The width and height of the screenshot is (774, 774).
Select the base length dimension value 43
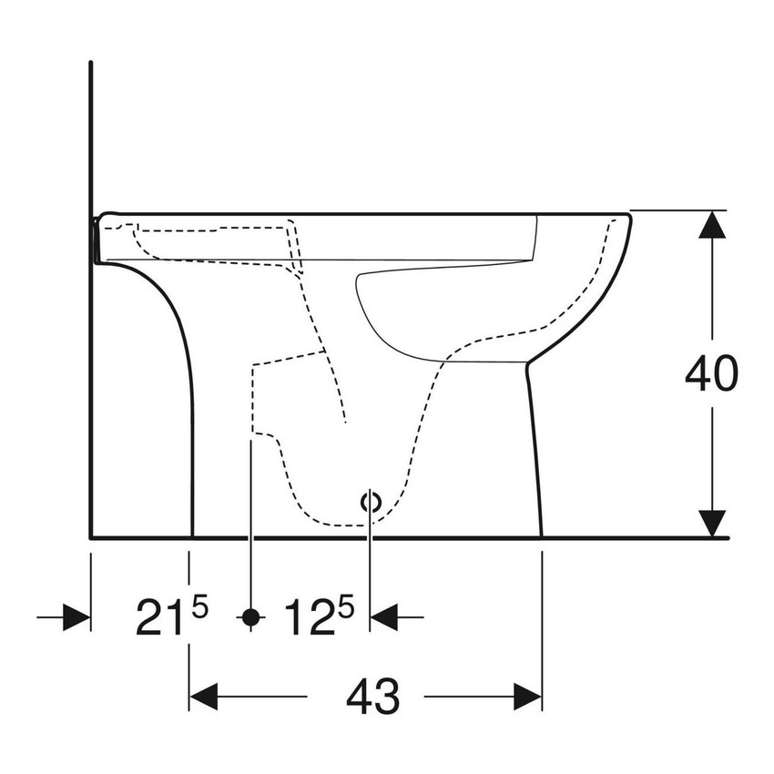point(372,698)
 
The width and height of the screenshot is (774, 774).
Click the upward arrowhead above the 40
point(712,225)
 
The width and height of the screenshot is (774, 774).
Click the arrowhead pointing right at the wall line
point(76,617)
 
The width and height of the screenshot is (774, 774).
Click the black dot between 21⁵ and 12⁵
point(250,617)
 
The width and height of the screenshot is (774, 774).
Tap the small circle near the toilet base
point(370,500)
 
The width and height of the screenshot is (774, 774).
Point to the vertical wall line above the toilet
point(91,137)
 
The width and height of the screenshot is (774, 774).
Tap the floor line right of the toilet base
point(637,537)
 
